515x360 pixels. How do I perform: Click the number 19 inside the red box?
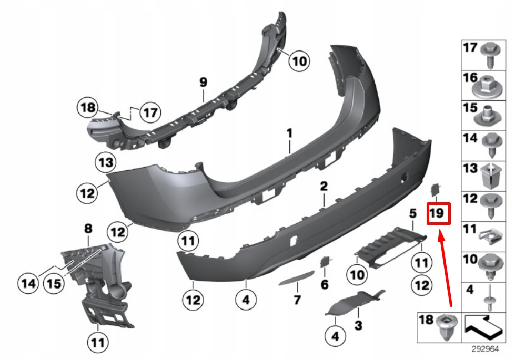(x=438, y=213)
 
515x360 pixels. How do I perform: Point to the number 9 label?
(x=204, y=83)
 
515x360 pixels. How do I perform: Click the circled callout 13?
(x=105, y=162)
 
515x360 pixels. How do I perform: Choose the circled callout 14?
(x=29, y=284)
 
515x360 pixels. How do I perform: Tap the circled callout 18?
(x=87, y=109)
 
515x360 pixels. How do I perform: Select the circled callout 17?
(x=150, y=112)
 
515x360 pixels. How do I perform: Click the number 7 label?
(x=297, y=301)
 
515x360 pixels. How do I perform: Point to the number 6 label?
(x=325, y=284)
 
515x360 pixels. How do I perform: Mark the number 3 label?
(x=358, y=326)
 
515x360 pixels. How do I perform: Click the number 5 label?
(x=413, y=213)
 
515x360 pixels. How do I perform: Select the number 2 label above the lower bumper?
(x=324, y=186)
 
